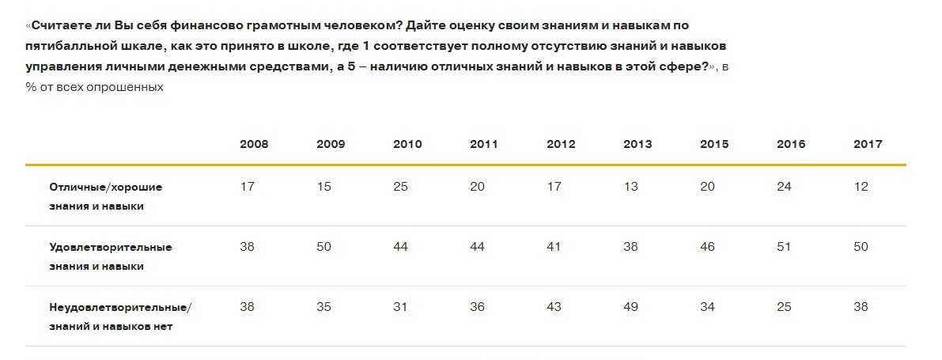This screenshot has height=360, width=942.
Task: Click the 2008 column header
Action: [x=254, y=144]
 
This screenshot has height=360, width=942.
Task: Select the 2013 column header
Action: [x=637, y=144]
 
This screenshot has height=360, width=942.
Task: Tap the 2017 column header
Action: [x=868, y=144]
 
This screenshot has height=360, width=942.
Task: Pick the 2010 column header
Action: [x=407, y=144]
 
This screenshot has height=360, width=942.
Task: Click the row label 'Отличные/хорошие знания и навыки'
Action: [x=106, y=196]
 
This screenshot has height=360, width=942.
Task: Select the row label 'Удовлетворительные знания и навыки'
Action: [x=111, y=256]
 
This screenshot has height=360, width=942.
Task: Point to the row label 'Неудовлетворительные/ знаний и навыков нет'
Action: [x=120, y=316]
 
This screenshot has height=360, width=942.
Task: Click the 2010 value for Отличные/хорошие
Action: [x=400, y=187]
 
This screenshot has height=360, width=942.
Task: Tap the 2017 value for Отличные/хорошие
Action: [x=861, y=187]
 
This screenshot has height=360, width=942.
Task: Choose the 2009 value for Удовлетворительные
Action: [x=323, y=247]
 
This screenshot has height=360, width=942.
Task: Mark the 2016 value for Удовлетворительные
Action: [x=784, y=247]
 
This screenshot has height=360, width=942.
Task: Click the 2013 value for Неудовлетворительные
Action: [x=630, y=307]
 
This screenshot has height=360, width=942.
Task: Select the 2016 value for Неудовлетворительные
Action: [x=784, y=307]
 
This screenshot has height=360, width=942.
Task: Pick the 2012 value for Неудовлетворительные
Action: [x=554, y=307]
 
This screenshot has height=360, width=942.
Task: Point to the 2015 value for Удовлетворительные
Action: [x=707, y=247]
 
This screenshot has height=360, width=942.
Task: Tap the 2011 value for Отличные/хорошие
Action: [x=477, y=187]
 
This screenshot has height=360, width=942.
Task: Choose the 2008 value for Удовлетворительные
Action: [x=247, y=247]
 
